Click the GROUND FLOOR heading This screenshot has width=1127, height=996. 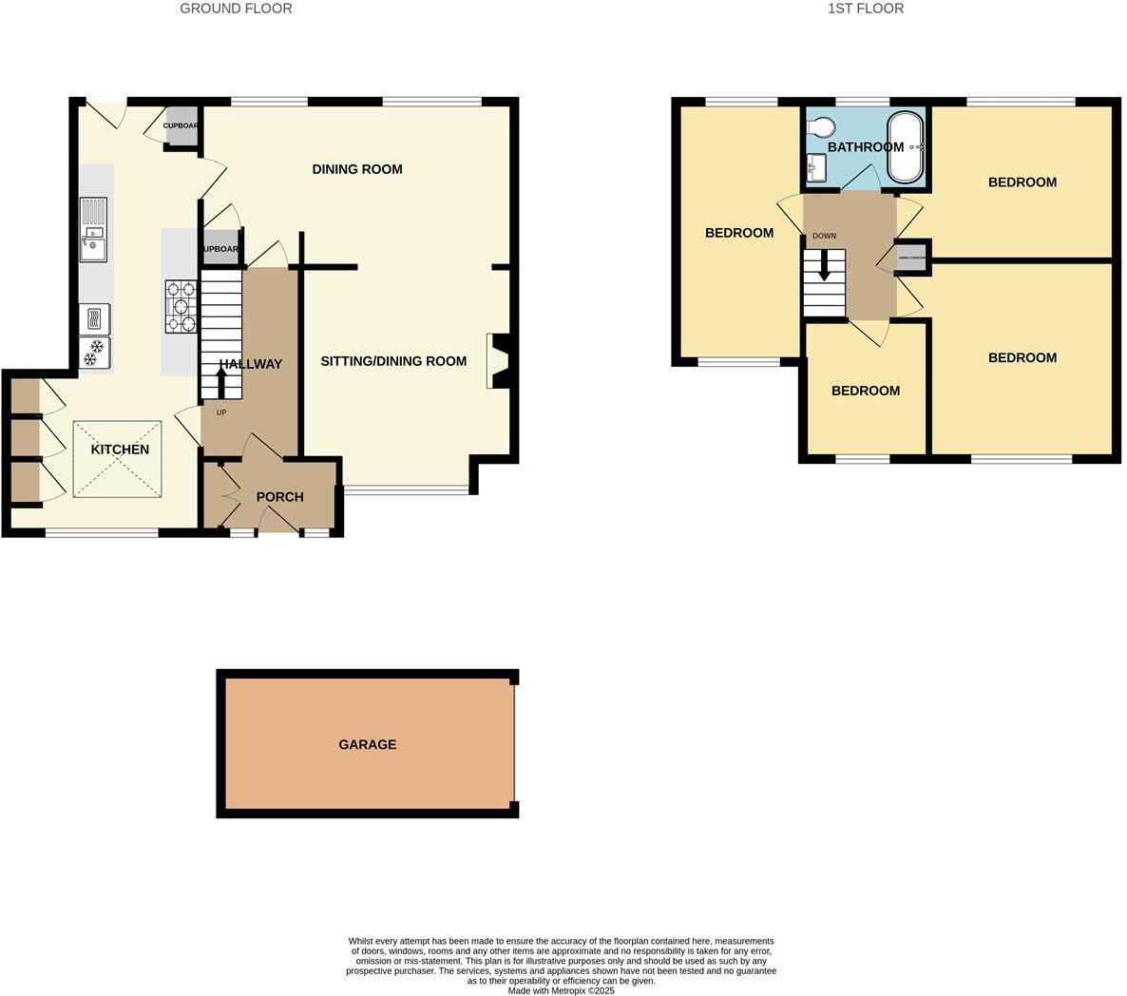pyautogui.click(x=236, y=9)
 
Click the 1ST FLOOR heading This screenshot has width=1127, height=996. pyautogui.click(x=866, y=9)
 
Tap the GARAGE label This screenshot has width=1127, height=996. pyautogui.click(x=368, y=745)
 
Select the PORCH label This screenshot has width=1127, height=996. pyautogui.click(x=280, y=497)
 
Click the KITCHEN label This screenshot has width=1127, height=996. pyautogui.click(x=120, y=450)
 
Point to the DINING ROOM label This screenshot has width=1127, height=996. pyautogui.click(x=357, y=169)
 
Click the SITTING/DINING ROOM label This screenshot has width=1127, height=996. pyautogui.click(x=393, y=361)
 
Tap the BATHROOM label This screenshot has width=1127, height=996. pyautogui.click(x=865, y=147)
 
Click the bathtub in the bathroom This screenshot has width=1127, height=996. pyautogui.click(x=906, y=148)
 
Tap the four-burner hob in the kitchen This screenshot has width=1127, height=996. pyautogui.click(x=181, y=306)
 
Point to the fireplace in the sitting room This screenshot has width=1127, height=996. pyautogui.click(x=498, y=361)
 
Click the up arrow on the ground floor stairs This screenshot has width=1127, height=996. pyautogui.click(x=221, y=382)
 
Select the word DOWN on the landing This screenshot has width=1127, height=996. pyautogui.click(x=824, y=236)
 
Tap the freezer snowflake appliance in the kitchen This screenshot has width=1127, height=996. pyautogui.click(x=94, y=353)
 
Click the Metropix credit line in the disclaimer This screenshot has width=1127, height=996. pyautogui.click(x=561, y=990)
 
